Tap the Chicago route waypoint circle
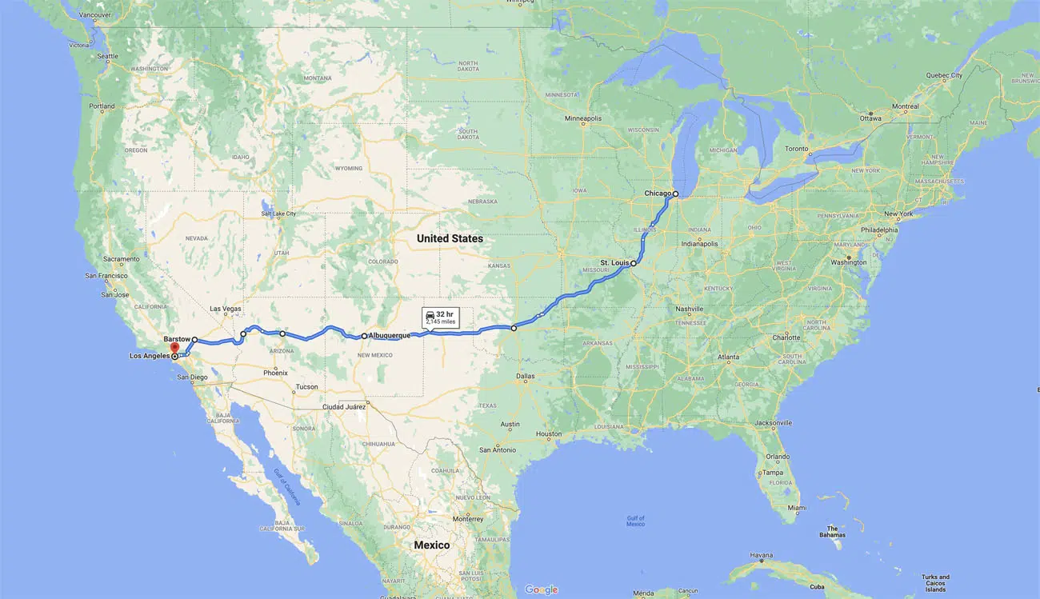675,194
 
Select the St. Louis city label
614,262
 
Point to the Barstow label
177,339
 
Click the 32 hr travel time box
440,317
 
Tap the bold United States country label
450,238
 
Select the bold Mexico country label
431,545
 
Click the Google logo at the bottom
541,589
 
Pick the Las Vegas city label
226,309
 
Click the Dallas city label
526,375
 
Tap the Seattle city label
107,56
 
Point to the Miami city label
796,508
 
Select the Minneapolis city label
582,118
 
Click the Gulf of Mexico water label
635,521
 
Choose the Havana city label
761,555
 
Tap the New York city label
898,214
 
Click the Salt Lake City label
278,214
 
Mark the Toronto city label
797,149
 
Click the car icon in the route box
430,315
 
